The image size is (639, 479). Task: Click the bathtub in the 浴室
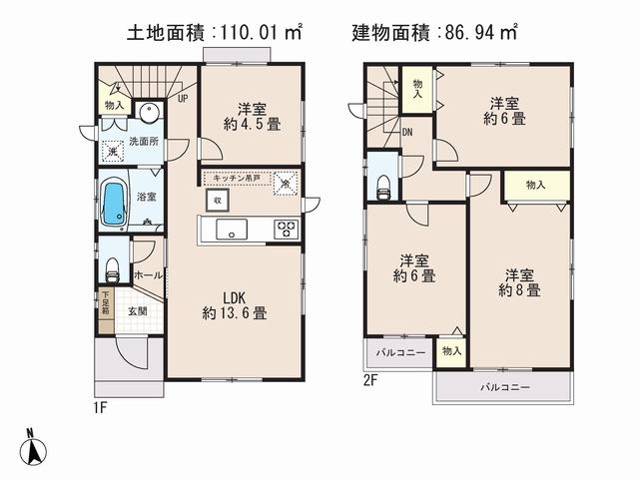coord(116,204)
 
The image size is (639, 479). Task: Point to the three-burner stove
coord(287,229)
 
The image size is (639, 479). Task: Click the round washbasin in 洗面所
coord(148,111)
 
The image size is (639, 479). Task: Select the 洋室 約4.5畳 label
coord(250,118)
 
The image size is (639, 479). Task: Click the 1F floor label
coord(102,407)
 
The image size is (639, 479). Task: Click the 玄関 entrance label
coord(137,311)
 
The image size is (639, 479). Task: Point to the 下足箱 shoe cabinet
coord(105,302)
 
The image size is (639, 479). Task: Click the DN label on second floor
coord(408,132)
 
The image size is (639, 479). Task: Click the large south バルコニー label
coord(504,387)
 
